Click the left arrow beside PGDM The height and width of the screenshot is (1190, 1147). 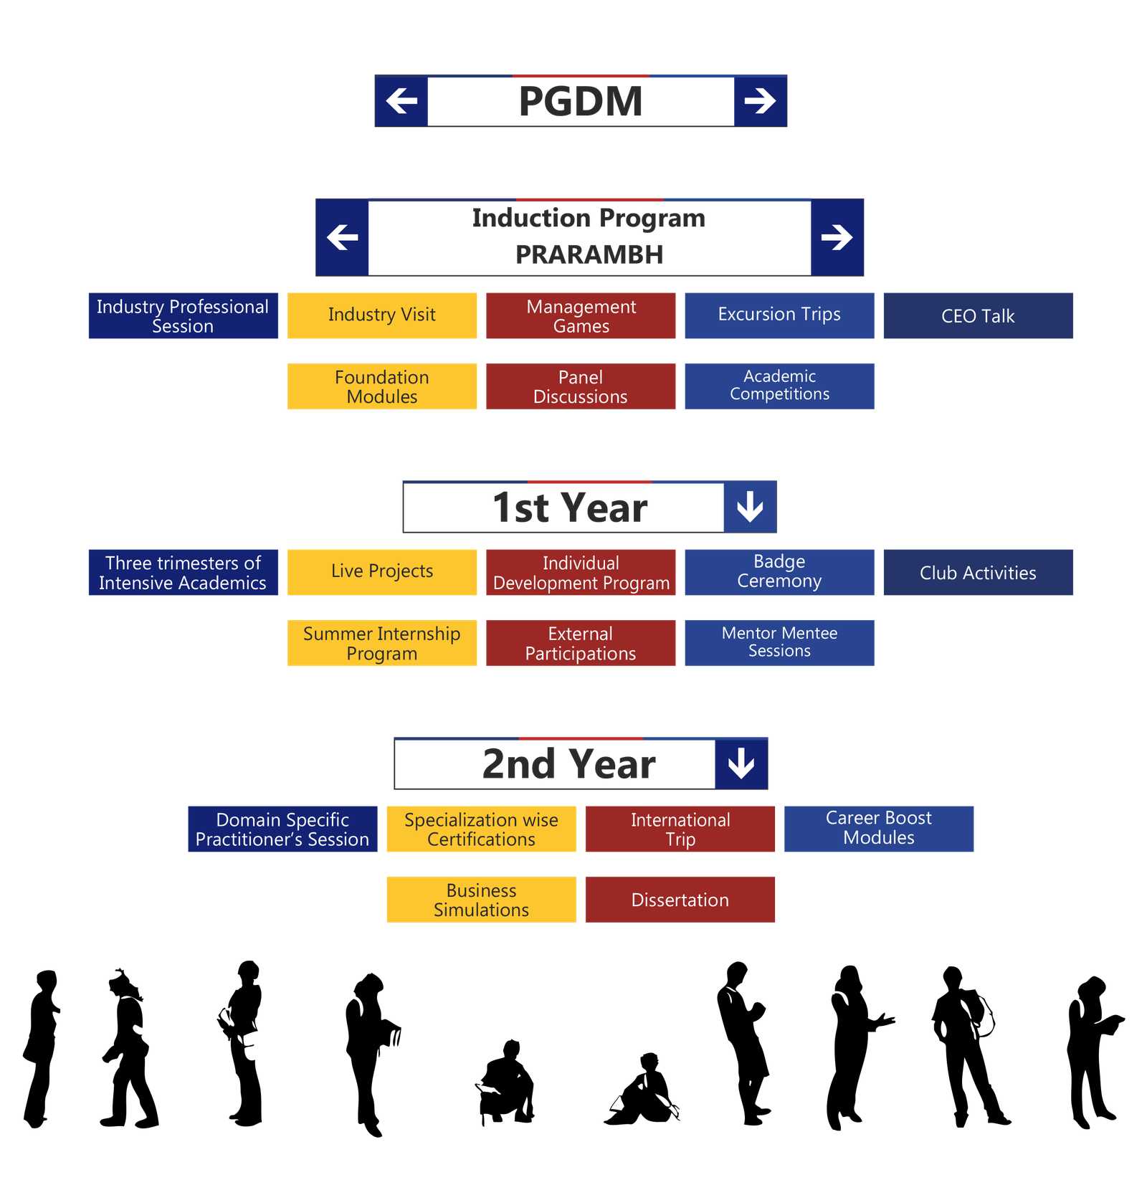pos(401,101)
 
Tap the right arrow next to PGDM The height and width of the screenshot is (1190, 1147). pos(760,101)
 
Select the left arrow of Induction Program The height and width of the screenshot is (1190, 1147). pos(343,237)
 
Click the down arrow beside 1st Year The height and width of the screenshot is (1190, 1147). pos(750,507)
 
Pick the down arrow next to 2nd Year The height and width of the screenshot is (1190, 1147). pos(741,763)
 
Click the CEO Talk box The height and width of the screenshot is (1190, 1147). pos(978,316)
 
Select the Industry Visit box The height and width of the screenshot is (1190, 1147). pos(382,315)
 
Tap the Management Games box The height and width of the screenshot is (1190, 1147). pos(581,315)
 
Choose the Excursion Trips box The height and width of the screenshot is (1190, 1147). pos(779,315)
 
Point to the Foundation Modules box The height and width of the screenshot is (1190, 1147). pos(382,386)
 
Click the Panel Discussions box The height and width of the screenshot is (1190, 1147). pos(581,386)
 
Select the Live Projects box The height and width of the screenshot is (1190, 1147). pos(382,572)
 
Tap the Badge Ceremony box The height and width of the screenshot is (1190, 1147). pos(779,572)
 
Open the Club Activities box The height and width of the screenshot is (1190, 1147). pos(978,573)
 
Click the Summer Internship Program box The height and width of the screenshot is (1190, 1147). pos(382,643)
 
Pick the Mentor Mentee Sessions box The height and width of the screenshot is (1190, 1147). pos(779,643)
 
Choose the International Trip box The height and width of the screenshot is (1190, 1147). pos(680,829)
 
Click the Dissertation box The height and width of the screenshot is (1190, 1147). pos(680,900)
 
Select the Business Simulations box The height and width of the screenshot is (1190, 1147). pos(481,900)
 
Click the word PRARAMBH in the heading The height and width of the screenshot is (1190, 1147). pos(589,254)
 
